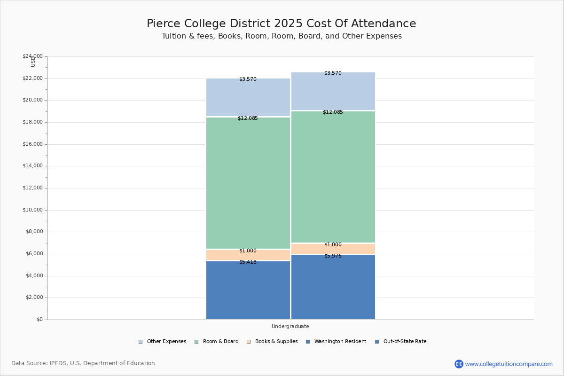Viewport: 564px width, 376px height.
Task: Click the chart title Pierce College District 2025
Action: [281, 23]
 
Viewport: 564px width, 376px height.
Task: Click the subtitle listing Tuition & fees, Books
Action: [281, 36]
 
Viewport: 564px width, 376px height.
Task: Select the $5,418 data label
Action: [248, 262]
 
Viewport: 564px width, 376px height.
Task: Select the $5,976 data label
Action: [333, 256]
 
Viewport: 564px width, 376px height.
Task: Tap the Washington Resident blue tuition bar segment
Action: [248, 291]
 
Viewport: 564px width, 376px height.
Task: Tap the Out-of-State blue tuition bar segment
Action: [333, 288]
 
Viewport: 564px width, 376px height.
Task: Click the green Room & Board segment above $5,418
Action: [248, 183]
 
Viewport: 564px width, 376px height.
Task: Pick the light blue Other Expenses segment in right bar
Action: [333, 92]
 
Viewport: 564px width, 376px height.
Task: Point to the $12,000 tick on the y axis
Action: [32, 188]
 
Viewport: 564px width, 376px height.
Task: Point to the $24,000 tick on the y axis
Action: [32, 56]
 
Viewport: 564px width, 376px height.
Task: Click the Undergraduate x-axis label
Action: [290, 326]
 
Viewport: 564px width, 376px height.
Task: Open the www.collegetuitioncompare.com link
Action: [509, 364]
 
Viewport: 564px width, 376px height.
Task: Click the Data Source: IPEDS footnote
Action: [83, 363]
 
